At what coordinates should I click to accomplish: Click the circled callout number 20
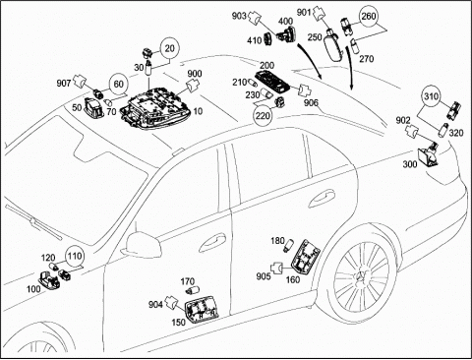tap(169, 48)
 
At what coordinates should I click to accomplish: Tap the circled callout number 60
tap(118, 84)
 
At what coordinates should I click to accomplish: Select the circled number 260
tap(369, 16)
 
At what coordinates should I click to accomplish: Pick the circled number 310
tap(431, 96)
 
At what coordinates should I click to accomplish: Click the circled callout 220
tap(263, 115)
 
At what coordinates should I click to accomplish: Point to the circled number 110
tap(75, 256)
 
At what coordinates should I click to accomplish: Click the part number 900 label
tap(195, 74)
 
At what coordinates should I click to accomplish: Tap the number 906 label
tap(311, 103)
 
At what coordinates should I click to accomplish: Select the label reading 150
tap(178, 323)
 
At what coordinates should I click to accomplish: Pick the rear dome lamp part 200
tap(273, 81)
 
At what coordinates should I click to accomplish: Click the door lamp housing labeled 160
tap(305, 256)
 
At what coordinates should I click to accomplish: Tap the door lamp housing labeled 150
tap(202, 311)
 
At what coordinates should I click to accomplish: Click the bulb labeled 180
tap(289, 245)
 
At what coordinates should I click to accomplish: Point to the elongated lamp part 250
tap(333, 46)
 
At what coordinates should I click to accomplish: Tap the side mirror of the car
tap(143, 245)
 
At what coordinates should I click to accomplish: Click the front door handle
tap(212, 242)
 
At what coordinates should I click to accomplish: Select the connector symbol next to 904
tap(171, 301)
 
